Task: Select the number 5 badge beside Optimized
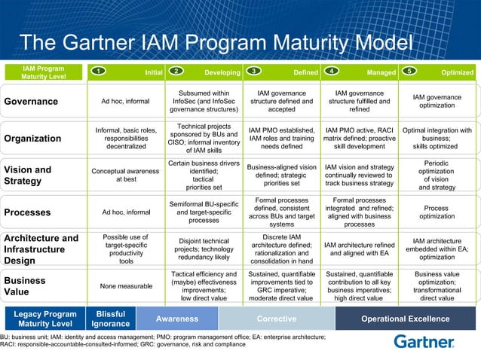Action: click(x=409, y=72)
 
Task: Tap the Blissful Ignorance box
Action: click(x=106, y=319)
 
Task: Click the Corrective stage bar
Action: click(x=277, y=319)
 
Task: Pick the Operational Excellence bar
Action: click(x=405, y=319)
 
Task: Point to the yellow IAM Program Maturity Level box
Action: click(x=43, y=72)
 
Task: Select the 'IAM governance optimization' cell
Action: click(x=437, y=102)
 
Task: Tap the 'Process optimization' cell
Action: click(x=437, y=212)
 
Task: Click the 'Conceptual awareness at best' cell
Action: click(x=126, y=175)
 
